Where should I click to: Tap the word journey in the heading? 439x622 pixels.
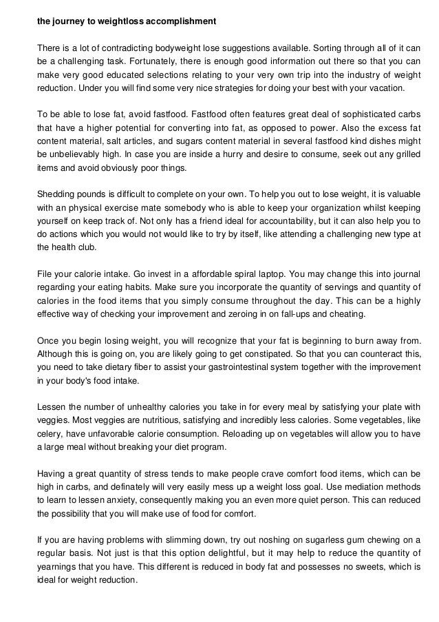point(69,21)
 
